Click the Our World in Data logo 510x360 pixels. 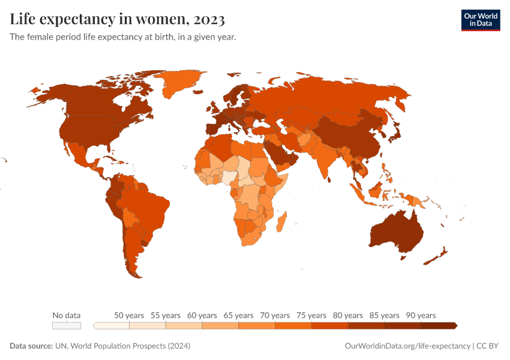click(x=480, y=20)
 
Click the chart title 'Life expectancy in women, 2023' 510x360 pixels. click(x=118, y=19)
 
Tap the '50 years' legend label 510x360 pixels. click(x=129, y=315)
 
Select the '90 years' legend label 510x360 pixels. click(x=421, y=315)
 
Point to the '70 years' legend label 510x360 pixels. click(x=275, y=315)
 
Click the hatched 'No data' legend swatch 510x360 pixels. click(x=66, y=325)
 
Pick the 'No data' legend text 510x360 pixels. click(x=66, y=315)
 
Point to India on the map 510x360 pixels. click(x=327, y=159)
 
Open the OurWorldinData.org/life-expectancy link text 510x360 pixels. click(x=407, y=346)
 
